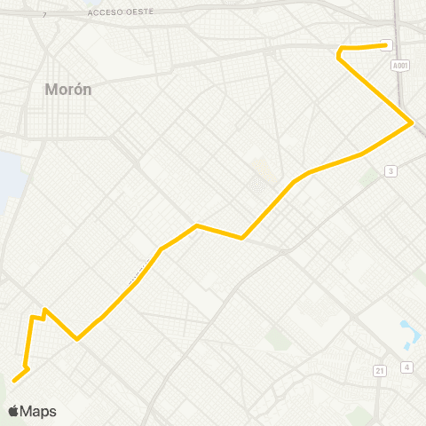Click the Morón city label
(x=67, y=90)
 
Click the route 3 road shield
(x=390, y=170)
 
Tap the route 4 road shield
(x=406, y=367)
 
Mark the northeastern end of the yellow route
(x=385, y=45)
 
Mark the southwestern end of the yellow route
(x=14, y=381)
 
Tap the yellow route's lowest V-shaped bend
(x=78, y=338)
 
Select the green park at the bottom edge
(x=359, y=415)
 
